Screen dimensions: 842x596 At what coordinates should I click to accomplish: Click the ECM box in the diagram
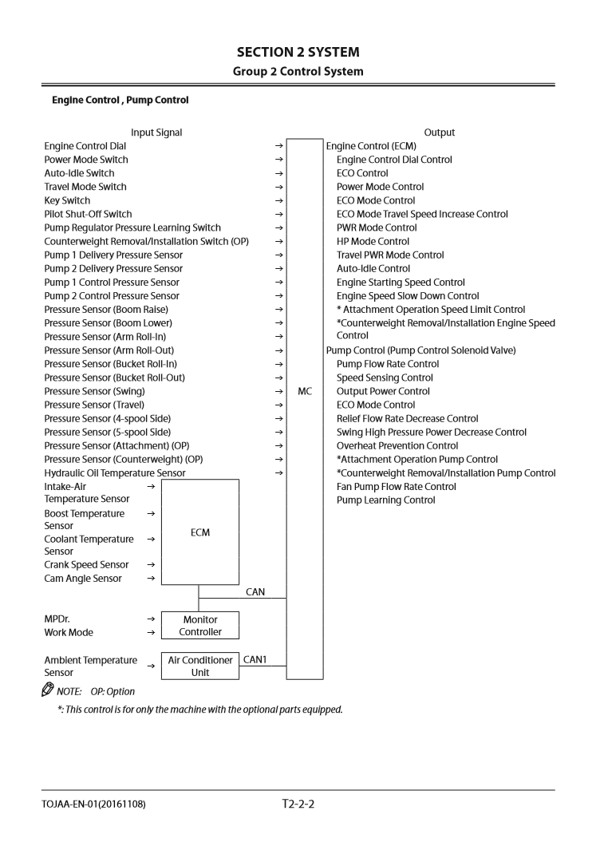(200, 532)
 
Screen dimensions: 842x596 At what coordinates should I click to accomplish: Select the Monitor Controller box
(200, 626)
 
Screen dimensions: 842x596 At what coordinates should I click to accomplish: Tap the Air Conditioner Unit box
(200, 666)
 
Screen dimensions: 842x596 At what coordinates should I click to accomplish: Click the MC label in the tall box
(305, 391)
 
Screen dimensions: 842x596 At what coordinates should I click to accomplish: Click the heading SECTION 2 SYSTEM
(298, 52)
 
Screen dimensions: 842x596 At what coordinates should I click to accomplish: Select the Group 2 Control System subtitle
(298, 71)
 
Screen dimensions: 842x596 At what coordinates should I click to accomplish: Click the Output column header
(440, 132)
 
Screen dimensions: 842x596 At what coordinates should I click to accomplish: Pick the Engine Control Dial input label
(85, 146)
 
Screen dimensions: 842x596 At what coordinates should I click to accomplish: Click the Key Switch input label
(67, 200)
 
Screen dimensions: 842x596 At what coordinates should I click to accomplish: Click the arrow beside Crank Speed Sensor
(151, 565)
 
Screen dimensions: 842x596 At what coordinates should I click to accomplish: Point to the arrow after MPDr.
(151, 619)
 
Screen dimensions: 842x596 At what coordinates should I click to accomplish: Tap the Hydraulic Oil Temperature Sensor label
(115, 473)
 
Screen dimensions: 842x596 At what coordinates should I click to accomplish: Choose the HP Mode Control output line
(373, 241)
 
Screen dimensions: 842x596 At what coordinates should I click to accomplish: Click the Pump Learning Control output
(385, 500)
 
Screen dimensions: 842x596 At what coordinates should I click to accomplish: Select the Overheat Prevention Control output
(397, 446)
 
